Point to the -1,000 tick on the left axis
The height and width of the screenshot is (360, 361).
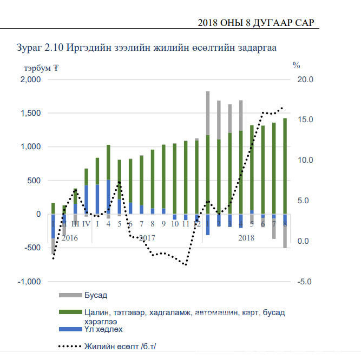pyautogui.click(x=29, y=282)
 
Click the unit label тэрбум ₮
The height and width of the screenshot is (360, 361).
pyautogui.click(x=41, y=68)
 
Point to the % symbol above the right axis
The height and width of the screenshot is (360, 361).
pyautogui.click(x=296, y=65)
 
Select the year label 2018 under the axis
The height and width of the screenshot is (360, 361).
pyautogui.click(x=246, y=238)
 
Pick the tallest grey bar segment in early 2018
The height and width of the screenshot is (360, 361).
pyautogui.click(x=208, y=114)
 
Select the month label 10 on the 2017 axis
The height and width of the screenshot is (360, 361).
pyautogui.click(x=175, y=224)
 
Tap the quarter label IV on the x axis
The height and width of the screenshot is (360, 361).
pyautogui.click(x=86, y=224)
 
